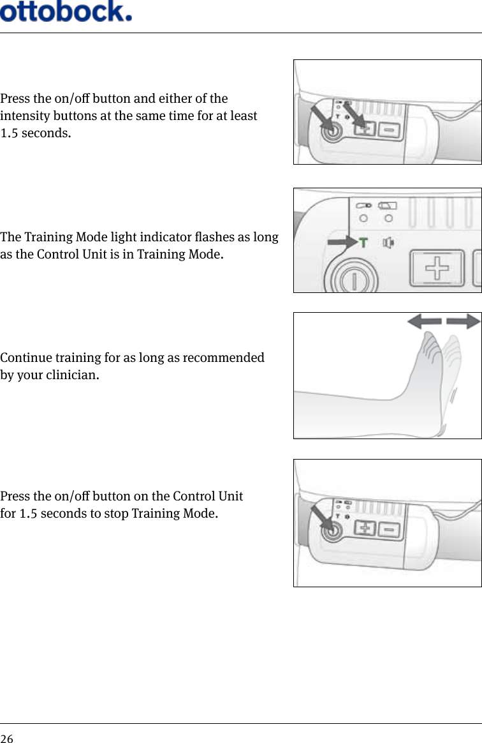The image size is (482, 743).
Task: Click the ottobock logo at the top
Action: (66, 11)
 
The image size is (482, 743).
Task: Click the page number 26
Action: (6, 739)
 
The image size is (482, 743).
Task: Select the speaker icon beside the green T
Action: (388, 243)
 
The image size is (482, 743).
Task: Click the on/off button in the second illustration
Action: (352, 281)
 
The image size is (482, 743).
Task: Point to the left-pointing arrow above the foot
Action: (423, 322)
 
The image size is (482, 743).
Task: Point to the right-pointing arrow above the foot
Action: (464, 322)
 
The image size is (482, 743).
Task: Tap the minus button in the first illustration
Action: (389, 130)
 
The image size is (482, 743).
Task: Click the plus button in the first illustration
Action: (364, 130)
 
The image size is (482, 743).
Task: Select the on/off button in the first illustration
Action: (330, 133)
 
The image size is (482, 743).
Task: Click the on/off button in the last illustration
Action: (330, 531)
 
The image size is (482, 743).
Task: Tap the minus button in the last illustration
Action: (389, 529)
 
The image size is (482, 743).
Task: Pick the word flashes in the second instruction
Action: (215, 237)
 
